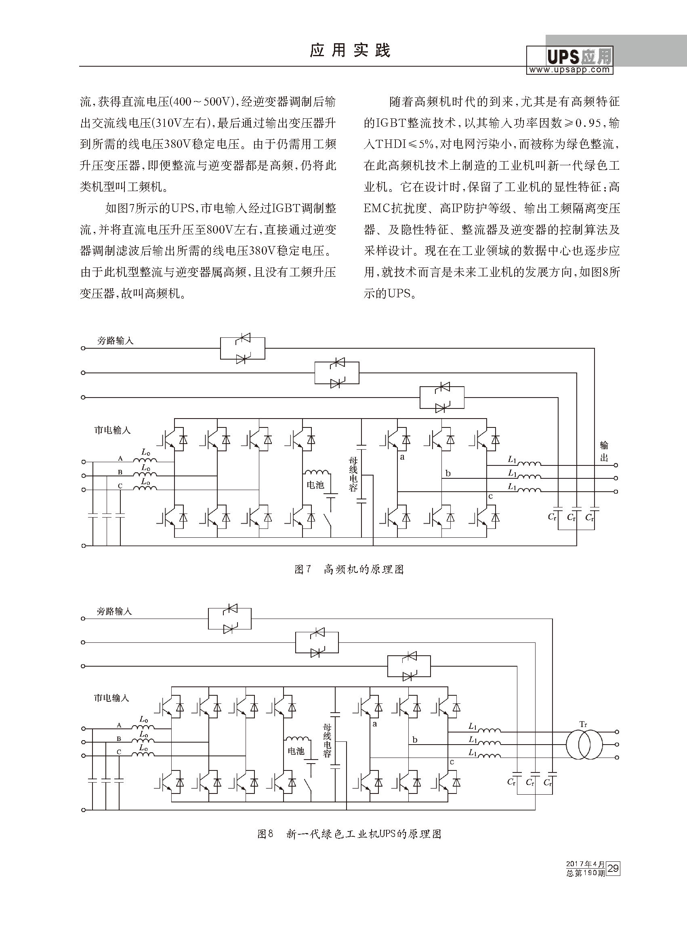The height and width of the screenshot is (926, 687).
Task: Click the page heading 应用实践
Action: click(350, 51)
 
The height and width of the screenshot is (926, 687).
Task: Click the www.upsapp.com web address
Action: click(569, 70)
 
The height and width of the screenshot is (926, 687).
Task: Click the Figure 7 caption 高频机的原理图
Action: click(363, 570)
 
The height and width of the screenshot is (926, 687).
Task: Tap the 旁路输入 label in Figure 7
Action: click(115, 341)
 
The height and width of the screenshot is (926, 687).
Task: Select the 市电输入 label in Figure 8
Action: click(111, 698)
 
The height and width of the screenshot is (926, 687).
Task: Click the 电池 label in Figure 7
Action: click(315, 485)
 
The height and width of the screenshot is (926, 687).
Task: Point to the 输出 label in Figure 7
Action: click(604, 451)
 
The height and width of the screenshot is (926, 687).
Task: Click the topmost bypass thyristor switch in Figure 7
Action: click(242, 349)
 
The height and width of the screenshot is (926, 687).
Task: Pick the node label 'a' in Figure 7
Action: click(402, 457)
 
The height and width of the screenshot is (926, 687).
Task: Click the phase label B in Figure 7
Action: click(120, 472)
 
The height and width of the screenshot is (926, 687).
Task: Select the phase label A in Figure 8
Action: click(119, 725)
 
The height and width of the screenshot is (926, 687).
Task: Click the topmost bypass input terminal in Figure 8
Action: click(83, 619)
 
